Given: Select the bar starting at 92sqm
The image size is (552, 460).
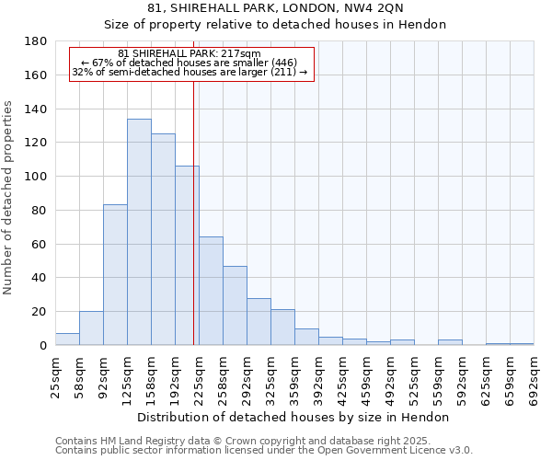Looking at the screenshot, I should [115, 275].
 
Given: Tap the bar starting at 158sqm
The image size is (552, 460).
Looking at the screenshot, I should [163, 239].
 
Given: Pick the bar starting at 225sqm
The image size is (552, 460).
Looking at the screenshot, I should [211, 291].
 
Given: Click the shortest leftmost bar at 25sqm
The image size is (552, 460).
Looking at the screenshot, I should [67, 339].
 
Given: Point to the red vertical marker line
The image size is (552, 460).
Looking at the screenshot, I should [193, 212].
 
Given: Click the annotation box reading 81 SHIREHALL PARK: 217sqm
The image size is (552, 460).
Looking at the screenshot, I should [191, 63].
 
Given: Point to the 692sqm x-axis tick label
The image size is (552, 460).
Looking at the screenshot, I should [534, 378].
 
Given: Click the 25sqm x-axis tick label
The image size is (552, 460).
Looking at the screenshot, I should [55, 378].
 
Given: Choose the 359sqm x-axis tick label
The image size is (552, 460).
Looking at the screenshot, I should [294, 378].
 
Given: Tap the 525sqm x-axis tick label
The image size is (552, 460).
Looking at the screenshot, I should [414, 378].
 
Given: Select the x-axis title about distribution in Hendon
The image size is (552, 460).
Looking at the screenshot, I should [293, 417].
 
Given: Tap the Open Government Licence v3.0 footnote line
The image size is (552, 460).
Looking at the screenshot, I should [264, 450].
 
